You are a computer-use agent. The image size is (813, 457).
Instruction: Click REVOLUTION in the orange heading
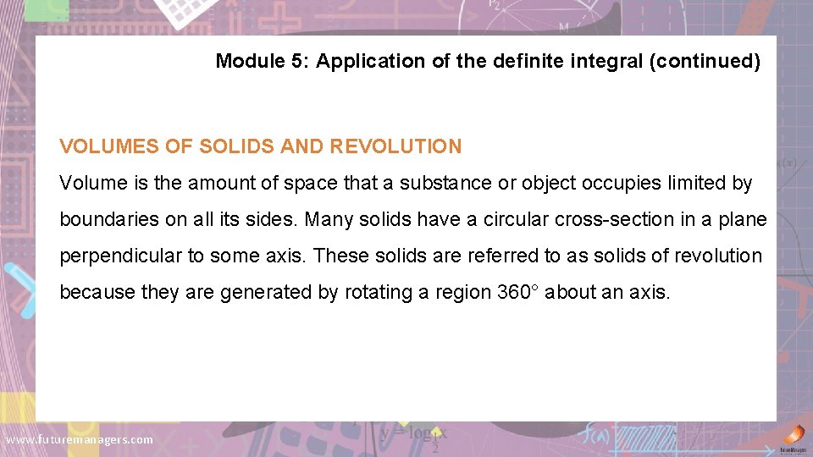pos(396,146)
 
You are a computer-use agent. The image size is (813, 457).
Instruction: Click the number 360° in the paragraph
pos(519,292)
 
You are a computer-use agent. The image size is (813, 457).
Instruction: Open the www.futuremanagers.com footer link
pos(80,439)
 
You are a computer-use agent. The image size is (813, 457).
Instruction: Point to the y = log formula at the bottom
pos(412,433)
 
